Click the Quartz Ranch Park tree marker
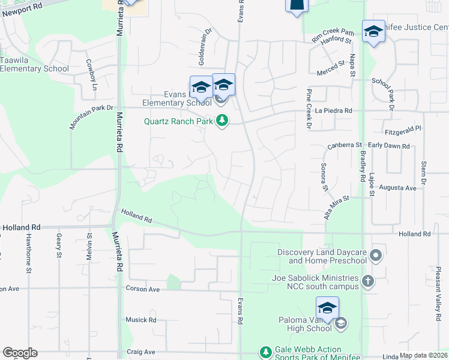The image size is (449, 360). pos(222,121)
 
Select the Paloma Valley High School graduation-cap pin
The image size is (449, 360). pos(327,308)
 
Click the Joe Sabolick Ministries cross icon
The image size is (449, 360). pos(368,281)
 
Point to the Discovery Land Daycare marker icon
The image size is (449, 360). pos(376,256)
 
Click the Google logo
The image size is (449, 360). pos(19,353)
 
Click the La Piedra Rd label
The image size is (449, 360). pos(333,111)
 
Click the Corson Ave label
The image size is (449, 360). pos(143,289)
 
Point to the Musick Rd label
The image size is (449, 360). pos(141,320)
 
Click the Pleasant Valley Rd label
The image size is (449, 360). pos(438,287)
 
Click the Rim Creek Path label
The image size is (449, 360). pos(333,34)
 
